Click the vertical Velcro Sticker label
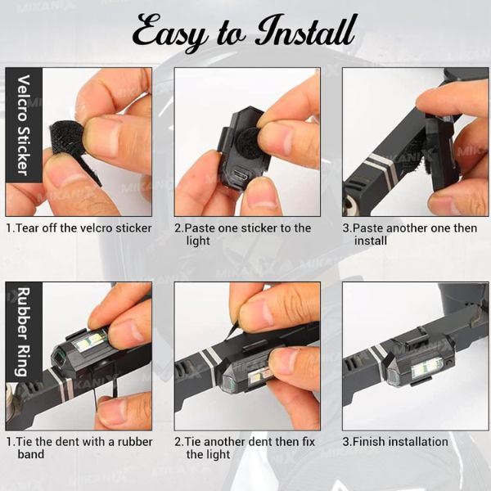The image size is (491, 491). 24,125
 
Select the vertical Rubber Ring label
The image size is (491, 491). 24,331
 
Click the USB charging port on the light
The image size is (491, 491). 241,175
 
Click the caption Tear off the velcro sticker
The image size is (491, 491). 79,228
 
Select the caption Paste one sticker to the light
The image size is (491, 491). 243,234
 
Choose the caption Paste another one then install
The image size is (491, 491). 410,234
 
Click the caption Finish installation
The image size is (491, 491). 395,442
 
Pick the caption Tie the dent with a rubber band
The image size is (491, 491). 79,448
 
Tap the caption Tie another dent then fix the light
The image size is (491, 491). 245,448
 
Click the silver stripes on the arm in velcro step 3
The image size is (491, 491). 383,168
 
